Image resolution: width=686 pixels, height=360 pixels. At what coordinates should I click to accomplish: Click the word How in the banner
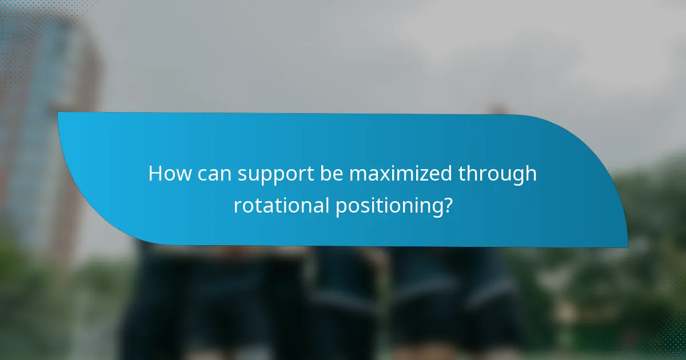(170, 174)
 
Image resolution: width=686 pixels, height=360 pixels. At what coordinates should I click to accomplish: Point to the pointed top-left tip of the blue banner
(58, 113)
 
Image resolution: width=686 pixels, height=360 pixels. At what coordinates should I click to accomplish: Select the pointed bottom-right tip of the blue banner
(627, 246)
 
